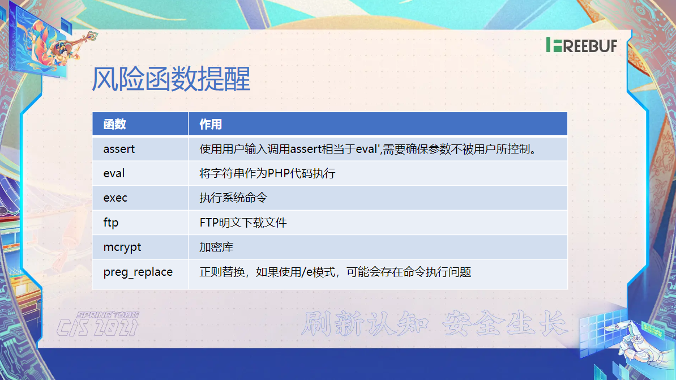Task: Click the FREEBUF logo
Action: [x=581, y=45]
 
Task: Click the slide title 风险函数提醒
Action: [x=171, y=79]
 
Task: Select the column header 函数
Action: [x=115, y=124]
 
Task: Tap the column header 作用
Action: [x=211, y=124]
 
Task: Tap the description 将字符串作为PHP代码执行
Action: [x=267, y=173]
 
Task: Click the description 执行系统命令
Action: [x=233, y=198]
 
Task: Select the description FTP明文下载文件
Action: [x=243, y=223]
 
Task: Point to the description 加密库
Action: [x=216, y=247]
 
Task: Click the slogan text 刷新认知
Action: [x=365, y=323]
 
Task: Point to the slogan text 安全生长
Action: [x=505, y=323]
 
